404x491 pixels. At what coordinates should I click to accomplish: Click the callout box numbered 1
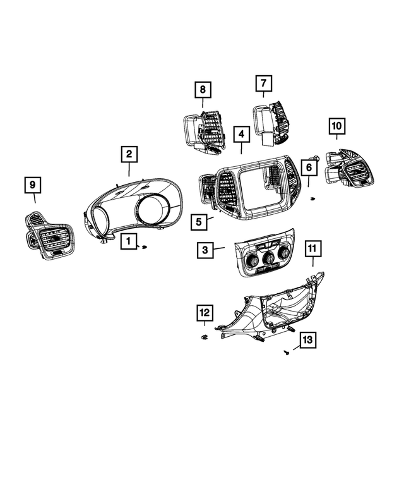coord(129,241)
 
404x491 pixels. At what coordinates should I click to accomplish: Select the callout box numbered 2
coord(129,154)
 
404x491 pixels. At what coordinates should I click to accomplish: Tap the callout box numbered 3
coord(205,250)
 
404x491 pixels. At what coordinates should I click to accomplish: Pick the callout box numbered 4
coord(241,135)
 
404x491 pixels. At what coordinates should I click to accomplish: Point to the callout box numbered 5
coord(199,222)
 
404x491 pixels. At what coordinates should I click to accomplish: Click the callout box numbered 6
coord(309,167)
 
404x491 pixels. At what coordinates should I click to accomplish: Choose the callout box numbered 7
coord(264,83)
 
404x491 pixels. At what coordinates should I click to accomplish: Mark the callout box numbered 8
coord(203,90)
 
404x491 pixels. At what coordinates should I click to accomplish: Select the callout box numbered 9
coord(33,185)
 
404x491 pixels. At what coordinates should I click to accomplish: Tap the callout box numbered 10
coord(336,126)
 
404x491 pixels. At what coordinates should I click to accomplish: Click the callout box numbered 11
coord(312,249)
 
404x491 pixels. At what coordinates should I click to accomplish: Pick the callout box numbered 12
coord(205,313)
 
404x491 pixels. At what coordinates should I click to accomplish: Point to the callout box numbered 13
coord(307,340)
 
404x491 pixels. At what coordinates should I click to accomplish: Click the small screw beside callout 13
coord(286,353)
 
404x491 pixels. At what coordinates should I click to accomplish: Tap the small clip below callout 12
coord(205,337)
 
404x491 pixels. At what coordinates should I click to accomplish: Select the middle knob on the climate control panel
coord(268,258)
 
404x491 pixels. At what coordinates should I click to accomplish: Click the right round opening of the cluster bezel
coord(153,209)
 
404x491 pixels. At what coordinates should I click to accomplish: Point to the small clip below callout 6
coord(312,199)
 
